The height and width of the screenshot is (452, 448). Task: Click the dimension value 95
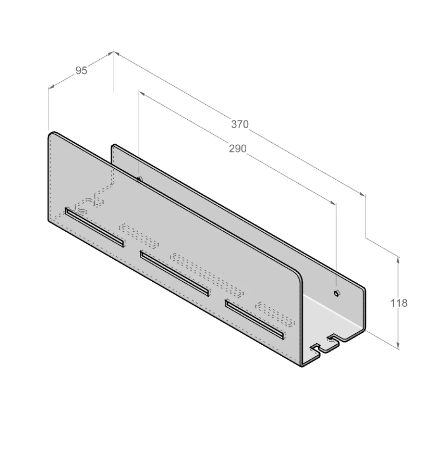(x=81, y=71)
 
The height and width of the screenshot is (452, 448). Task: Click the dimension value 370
(x=240, y=124)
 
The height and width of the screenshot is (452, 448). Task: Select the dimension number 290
(x=237, y=148)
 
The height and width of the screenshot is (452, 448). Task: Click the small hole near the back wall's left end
(x=140, y=179)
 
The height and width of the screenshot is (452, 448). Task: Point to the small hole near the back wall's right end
(x=336, y=293)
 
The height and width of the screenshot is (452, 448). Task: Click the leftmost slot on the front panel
(x=94, y=227)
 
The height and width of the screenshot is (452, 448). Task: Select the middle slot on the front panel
(x=174, y=273)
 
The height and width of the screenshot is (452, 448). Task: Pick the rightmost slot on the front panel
(x=255, y=319)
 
